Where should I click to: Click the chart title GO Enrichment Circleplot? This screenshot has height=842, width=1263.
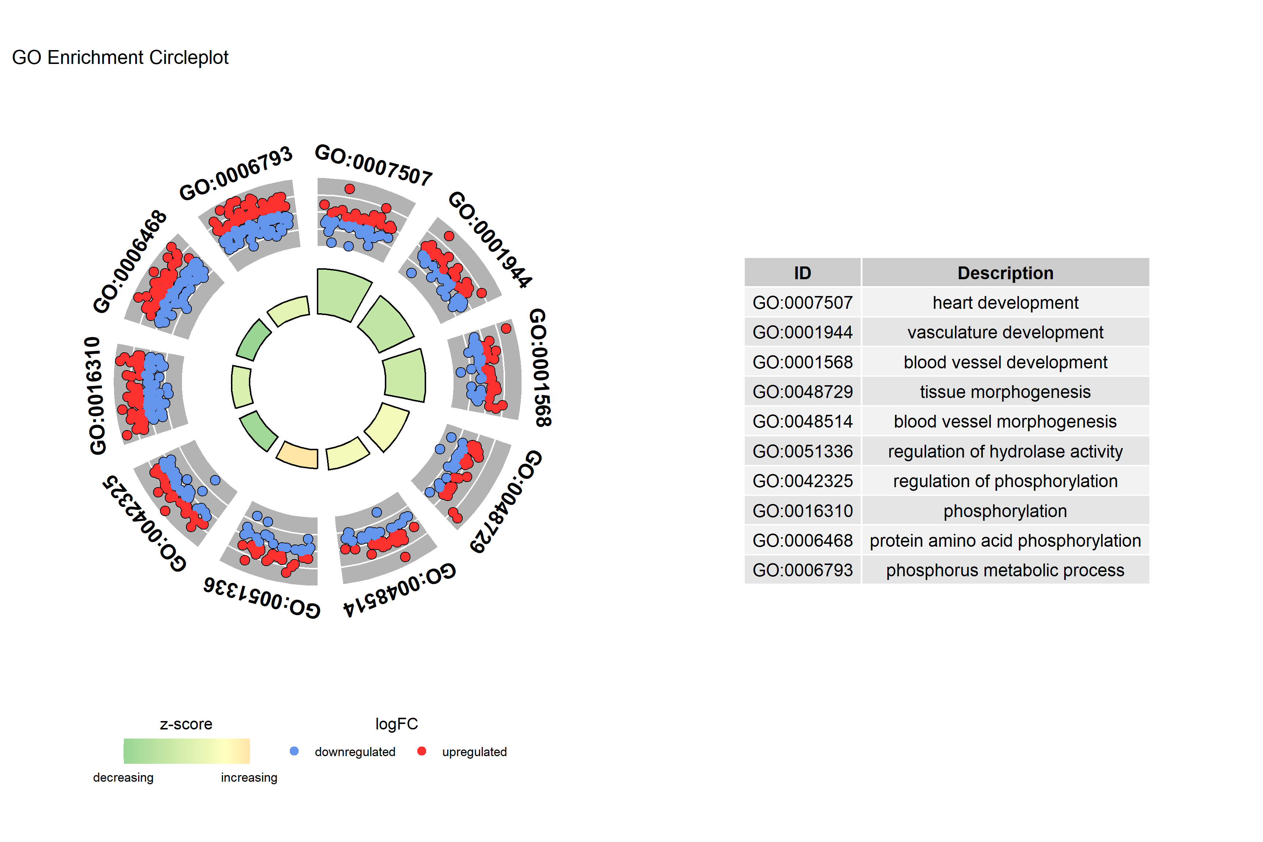coord(120,57)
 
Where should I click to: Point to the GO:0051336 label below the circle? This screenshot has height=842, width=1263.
coord(262,598)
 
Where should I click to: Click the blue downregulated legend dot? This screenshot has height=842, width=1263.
coord(294,751)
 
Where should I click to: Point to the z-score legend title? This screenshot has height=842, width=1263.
coord(186,724)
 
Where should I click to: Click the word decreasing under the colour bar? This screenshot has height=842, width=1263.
coord(123,778)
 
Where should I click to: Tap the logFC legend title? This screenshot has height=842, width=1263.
coord(396,724)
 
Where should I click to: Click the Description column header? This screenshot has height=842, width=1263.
coord(1005,273)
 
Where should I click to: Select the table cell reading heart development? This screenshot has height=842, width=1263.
coord(1005,303)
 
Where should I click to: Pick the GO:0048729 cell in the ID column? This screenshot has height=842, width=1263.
coord(802,392)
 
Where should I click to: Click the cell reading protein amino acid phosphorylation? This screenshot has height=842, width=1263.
coord(1005,541)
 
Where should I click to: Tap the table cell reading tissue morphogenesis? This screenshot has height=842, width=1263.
coord(1005,392)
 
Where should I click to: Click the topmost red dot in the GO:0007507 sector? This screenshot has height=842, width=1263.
coord(350,189)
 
